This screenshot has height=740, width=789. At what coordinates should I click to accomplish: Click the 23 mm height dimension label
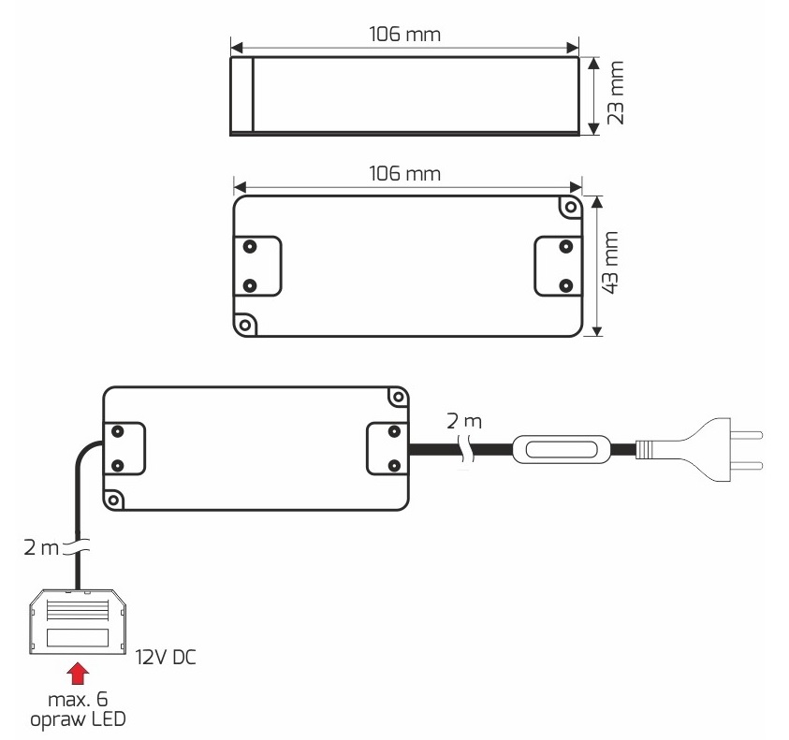[616, 93]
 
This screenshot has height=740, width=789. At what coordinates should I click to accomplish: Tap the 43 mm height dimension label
[610, 262]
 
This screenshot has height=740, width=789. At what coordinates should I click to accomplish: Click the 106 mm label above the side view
[404, 35]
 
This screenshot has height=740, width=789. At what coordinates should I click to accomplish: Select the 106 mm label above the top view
[404, 174]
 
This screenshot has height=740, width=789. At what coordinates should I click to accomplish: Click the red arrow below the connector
[78, 674]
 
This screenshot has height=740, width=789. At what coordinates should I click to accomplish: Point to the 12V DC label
[166, 658]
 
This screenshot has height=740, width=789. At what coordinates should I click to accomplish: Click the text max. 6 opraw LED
[78, 709]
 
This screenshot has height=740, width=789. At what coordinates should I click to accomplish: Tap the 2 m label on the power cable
[464, 422]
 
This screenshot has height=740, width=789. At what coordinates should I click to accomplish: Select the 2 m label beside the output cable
[41, 547]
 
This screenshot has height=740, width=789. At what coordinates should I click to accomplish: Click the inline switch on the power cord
[561, 449]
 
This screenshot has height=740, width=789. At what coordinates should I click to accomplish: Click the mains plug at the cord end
[699, 449]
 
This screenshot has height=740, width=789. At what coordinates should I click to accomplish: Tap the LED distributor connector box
[78, 621]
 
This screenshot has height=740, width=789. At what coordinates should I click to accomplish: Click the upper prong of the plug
[747, 435]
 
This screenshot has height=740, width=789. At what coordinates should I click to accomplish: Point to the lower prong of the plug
[747, 466]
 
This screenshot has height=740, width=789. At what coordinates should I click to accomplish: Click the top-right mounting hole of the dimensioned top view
[571, 207]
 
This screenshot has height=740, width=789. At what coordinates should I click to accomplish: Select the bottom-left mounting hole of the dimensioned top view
[245, 325]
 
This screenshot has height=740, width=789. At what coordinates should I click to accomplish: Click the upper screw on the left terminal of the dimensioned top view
[250, 246]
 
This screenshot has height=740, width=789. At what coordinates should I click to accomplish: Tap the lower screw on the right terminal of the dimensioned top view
[566, 285]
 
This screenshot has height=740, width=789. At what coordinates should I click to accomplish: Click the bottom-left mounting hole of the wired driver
[114, 501]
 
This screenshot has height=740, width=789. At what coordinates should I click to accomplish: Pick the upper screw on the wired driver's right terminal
[395, 431]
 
